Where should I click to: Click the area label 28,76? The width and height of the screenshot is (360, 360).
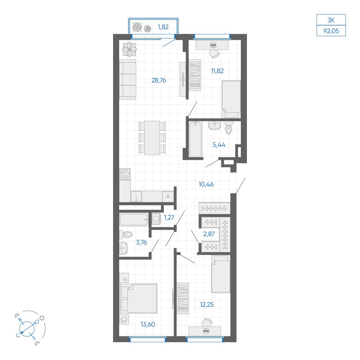159,80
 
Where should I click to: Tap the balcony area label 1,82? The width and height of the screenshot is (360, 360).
163,27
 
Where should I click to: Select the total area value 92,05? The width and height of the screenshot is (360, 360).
331,31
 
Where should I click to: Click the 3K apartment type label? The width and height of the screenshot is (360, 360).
331,20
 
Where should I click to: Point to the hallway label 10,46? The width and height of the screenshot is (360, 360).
206,184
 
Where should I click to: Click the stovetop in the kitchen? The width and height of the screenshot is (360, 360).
125,174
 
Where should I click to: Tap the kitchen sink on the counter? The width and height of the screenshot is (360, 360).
136,197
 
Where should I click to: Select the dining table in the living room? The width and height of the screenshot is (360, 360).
152,138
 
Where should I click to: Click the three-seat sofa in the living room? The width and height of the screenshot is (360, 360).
128,80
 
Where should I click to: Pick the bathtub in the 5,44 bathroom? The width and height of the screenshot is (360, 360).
195,139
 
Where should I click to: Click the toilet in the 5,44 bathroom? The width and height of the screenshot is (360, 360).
229,128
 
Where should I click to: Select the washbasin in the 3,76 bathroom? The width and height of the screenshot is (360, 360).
123,248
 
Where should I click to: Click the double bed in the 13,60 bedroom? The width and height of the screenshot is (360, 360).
139,298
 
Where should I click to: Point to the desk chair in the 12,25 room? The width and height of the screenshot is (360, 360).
207,323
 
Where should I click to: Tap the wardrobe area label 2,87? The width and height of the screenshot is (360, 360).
209,234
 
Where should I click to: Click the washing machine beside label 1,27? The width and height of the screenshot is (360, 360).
156,219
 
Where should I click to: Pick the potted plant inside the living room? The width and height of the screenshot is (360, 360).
129,49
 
